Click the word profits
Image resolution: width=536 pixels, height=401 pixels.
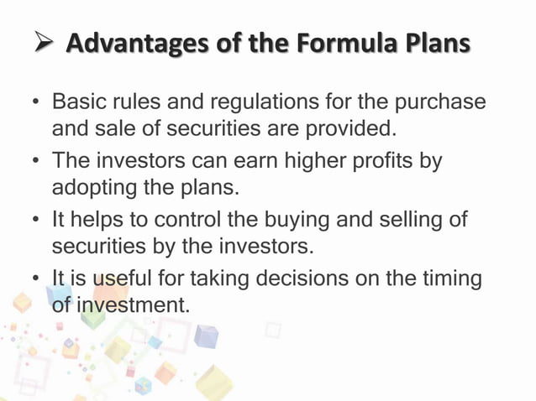tap(382, 159)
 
